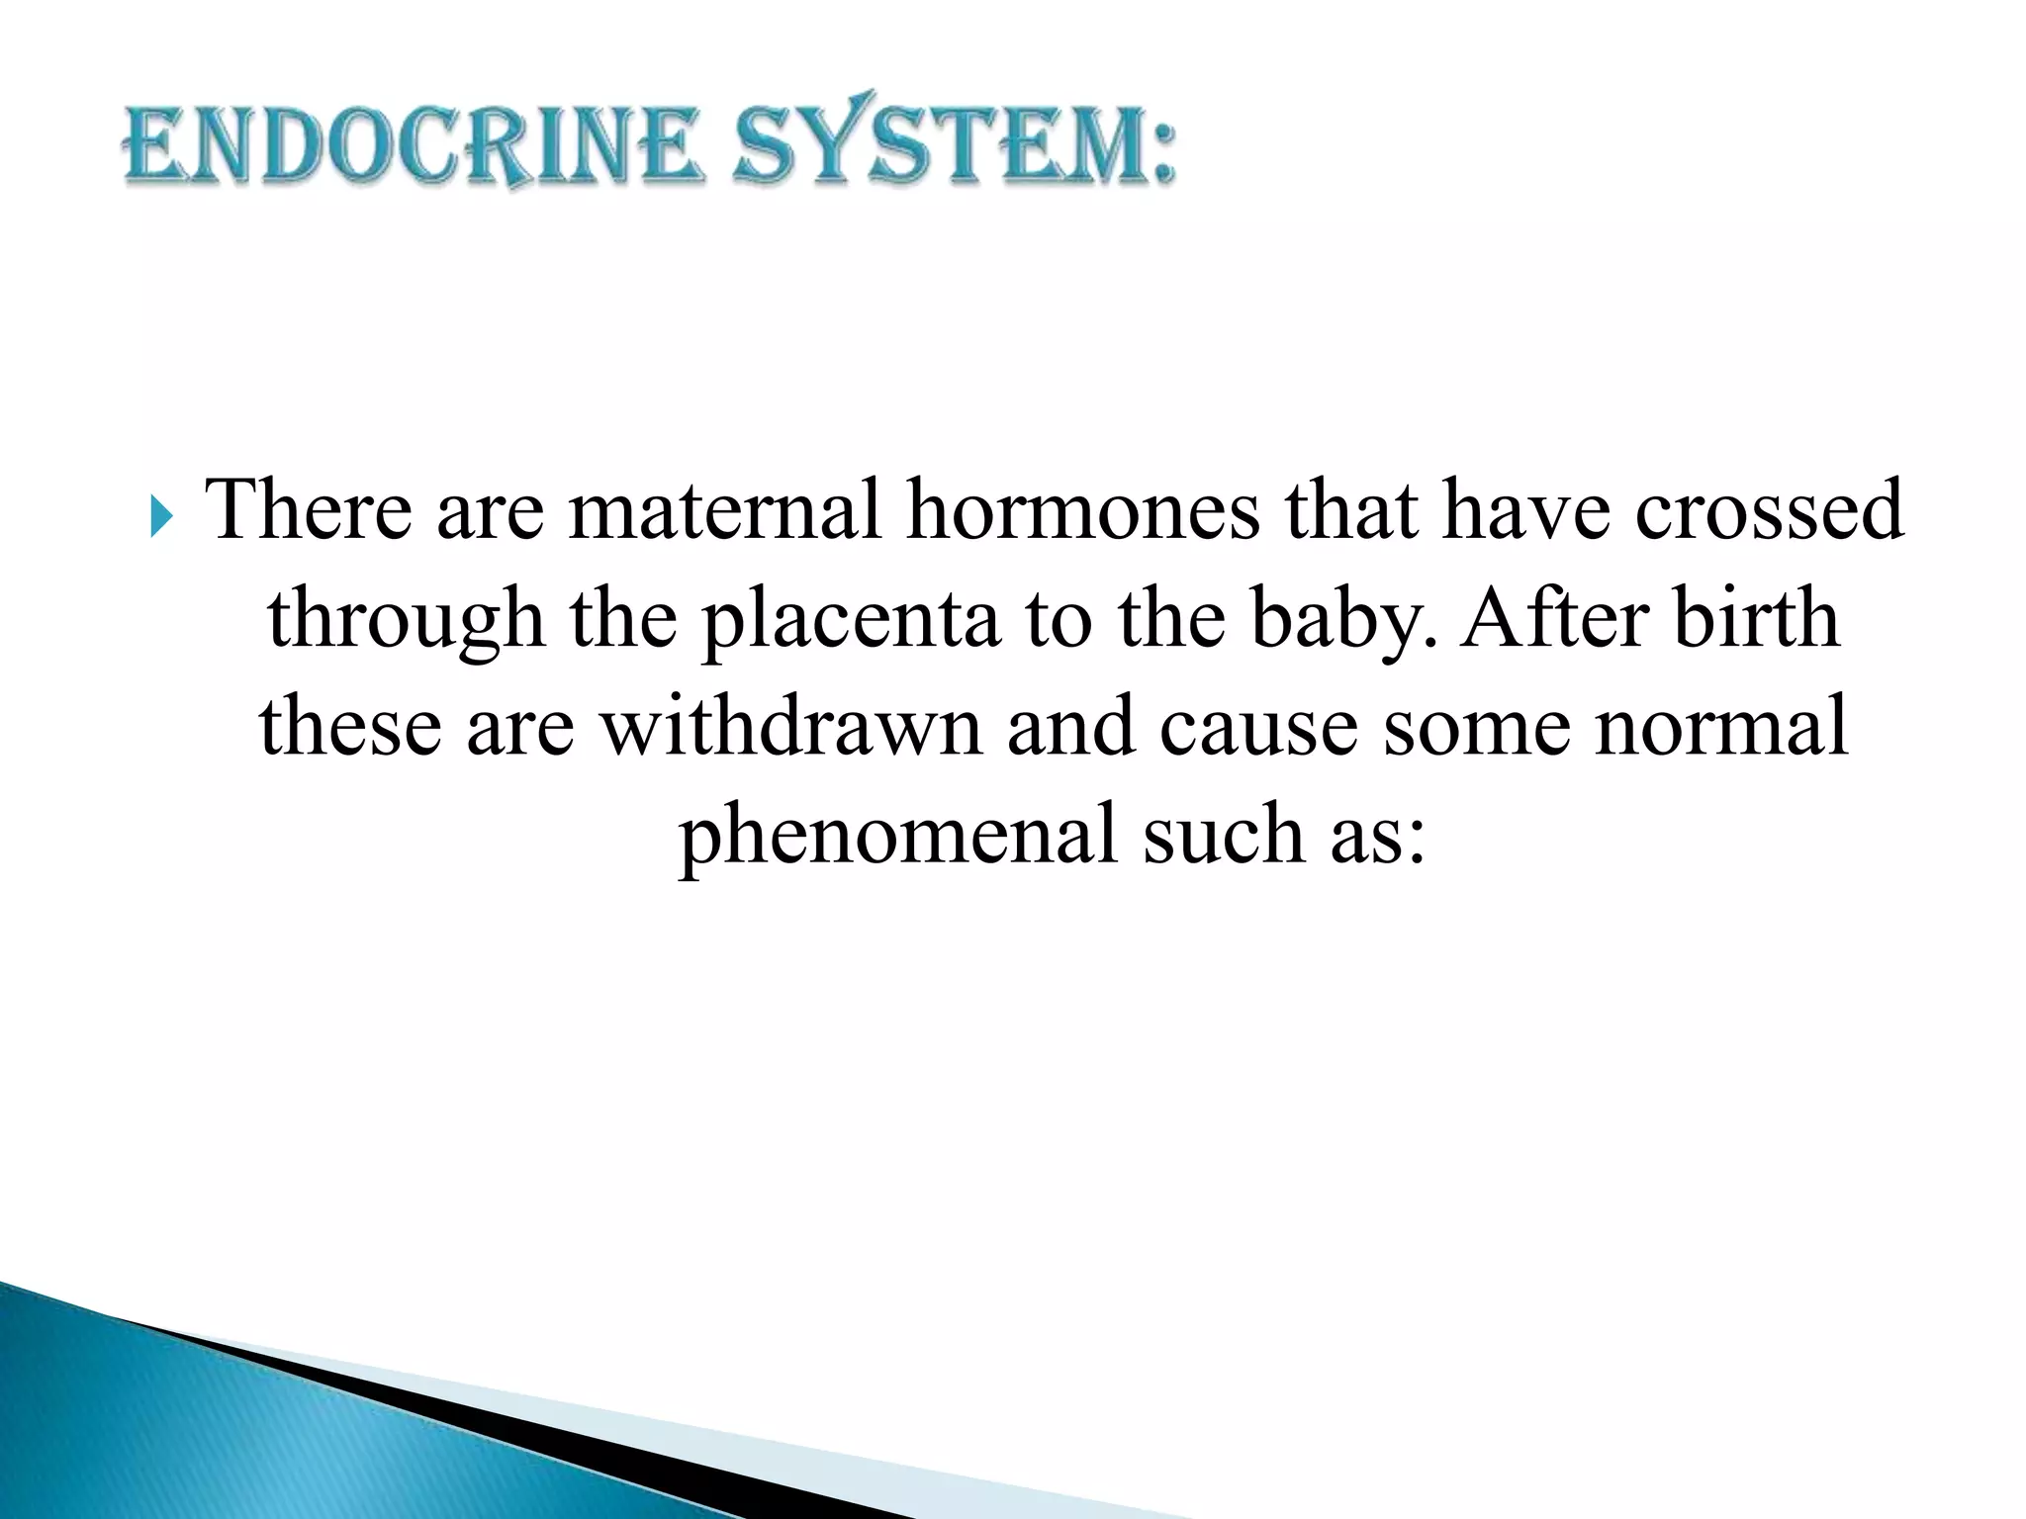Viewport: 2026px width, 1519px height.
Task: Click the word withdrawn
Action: (x=792, y=726)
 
